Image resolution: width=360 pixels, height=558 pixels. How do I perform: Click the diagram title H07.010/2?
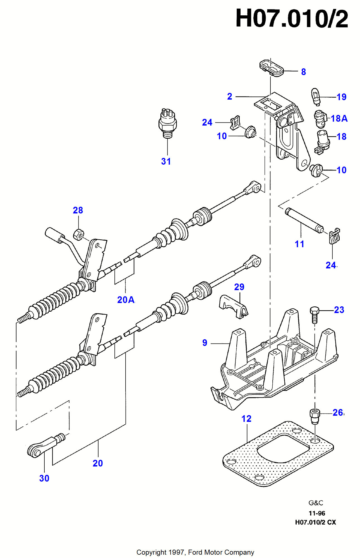292,19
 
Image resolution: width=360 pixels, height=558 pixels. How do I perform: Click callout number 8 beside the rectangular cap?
303,72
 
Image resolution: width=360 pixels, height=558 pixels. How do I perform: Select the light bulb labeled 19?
315,97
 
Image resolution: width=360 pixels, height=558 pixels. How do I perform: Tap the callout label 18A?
339,119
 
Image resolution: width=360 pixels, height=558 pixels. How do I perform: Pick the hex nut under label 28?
78,234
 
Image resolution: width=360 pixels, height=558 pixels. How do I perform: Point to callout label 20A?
126,300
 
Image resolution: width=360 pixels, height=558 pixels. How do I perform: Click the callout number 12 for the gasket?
246,419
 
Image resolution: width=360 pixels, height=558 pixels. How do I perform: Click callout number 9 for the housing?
205,343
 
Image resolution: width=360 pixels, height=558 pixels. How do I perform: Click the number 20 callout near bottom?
98,463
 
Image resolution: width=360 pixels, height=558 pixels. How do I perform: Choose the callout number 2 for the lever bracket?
230,97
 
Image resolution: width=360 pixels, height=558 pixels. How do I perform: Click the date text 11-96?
317,513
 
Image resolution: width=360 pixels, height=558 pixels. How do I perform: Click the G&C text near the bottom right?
316,503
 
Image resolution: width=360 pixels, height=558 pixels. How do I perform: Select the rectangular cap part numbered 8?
271,68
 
